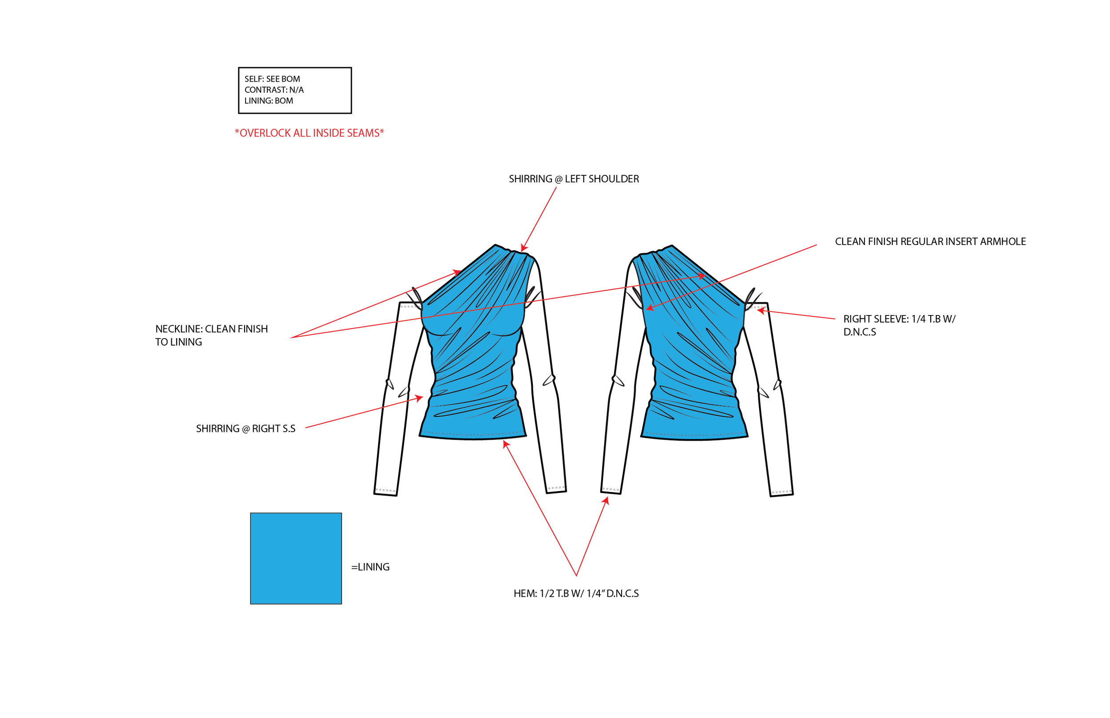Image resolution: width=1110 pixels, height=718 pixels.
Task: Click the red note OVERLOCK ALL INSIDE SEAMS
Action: point(309,133)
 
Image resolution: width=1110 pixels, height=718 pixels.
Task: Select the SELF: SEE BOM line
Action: point(272,79)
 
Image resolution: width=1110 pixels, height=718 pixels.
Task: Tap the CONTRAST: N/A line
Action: point(274,90)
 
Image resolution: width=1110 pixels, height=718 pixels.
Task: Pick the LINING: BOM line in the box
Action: point(269,101)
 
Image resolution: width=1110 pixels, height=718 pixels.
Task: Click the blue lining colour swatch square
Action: point(296,558)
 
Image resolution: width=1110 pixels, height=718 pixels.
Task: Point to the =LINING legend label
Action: point(370,567)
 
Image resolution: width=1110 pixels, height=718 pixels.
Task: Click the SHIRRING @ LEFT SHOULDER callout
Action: point(574,179)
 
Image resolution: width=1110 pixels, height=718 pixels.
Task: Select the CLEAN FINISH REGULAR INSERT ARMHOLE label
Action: point(930,241)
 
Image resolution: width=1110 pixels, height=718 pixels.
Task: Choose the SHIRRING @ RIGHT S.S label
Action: point(246,429)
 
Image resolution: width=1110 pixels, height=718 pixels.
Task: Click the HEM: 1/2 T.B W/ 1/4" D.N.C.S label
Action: point(576,593)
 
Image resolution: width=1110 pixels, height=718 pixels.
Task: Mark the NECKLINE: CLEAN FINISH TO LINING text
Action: point(211,335)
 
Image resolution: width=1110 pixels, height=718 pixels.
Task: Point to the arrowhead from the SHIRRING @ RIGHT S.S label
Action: point(420,398)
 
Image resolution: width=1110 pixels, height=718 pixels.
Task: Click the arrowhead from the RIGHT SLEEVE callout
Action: point(759,311)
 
